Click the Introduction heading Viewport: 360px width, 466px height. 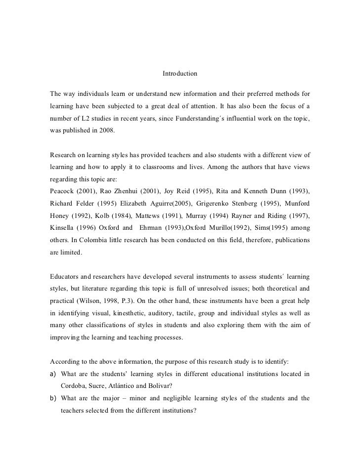180,74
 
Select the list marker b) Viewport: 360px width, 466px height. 53,399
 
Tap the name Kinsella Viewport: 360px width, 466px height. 62,228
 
